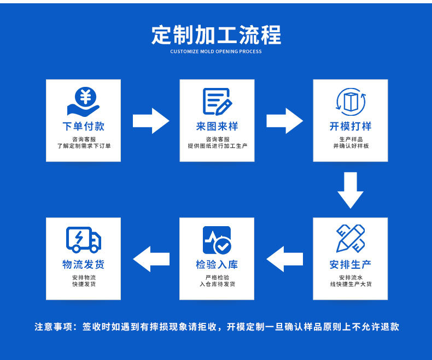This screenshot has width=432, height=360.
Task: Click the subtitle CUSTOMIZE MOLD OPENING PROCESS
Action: click(x=216, y=52)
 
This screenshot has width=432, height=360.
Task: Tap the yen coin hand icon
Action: click(x=84, y=102)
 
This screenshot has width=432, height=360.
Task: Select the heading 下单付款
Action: click(x=83, y=126)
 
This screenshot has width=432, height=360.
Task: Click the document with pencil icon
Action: click(x=217, y=102)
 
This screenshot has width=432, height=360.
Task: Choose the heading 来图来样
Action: click(x=217, y=126)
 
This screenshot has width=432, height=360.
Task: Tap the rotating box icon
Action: click(x=351, y=102)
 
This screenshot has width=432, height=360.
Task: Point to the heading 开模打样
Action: click(x=351, y=126)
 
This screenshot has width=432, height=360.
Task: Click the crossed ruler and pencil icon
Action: click(x=351, y=239)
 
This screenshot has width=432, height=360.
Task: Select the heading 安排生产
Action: click(x=351, y=264)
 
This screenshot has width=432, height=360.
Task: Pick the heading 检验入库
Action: click(x=217, y=264)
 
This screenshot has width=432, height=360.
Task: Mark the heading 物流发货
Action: click(x=83, y=264)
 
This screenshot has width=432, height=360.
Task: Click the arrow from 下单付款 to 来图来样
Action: click(x=151, y=121)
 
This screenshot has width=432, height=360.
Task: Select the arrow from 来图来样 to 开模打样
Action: click(x=284, y=121)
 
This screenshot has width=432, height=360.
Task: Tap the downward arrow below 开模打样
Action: click(x=351, y=190)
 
